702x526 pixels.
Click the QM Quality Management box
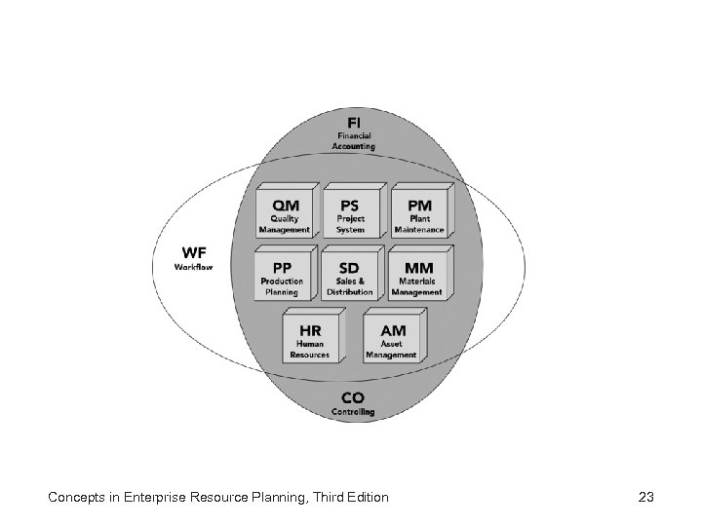[285, 213]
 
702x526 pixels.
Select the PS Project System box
[351, 213]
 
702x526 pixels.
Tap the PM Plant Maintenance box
[419, 213]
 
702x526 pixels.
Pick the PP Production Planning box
[283, 276]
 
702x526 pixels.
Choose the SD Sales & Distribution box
[349, 276]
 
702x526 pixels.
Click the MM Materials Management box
[417, 276]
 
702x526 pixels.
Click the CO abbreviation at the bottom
[353, 397]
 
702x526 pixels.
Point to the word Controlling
[353, 412]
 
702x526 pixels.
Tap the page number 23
[645, 498]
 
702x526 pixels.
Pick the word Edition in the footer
[365, 498]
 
